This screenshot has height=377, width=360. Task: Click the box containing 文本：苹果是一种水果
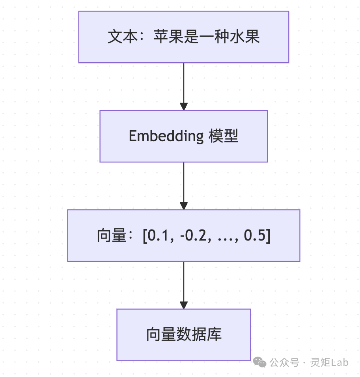coord(183,37)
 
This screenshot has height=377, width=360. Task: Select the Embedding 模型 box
coord(183,136)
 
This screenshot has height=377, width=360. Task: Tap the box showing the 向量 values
coord(183,235)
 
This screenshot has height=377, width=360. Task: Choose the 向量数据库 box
coord(183,334)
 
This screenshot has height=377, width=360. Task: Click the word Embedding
coord(166,136)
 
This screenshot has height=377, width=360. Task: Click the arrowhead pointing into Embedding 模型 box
coord(184,106)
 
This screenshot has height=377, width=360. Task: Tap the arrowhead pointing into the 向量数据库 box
coord(184,305)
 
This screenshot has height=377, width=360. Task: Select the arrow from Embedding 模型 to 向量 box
coord(184,185)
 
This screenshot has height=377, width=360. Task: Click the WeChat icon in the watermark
coord(259,362)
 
